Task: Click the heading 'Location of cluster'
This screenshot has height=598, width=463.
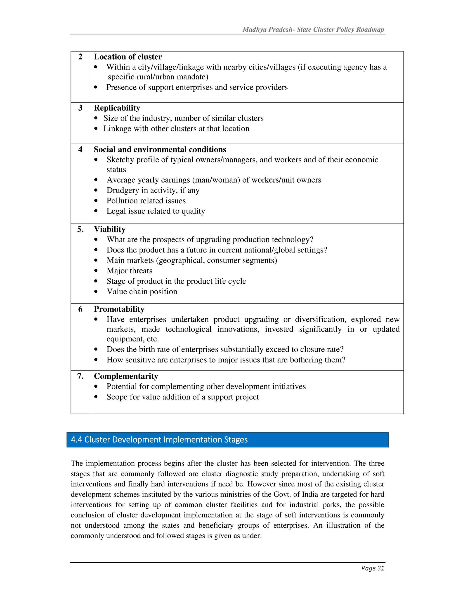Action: [128, 57]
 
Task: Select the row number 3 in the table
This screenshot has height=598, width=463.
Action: [80, 108]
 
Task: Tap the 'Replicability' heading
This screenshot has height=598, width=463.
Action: [117, 108]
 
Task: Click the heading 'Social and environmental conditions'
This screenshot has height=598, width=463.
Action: [160, 149]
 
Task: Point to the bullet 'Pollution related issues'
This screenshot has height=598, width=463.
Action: [146, 201]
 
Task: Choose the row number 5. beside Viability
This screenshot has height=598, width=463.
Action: [80, 229]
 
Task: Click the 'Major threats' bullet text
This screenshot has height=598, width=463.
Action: [129, 271]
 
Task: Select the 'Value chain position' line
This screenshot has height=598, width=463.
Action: [142, 292]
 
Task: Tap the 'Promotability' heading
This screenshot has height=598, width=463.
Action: [119, 309]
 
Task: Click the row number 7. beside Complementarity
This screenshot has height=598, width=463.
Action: [80, 376]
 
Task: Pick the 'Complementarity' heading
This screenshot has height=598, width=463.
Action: [126, 376]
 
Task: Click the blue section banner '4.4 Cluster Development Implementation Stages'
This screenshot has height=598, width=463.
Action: [227, 440]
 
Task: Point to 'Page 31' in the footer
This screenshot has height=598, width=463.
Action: [373, 568]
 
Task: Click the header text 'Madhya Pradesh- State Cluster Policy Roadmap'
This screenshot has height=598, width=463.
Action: [313, 30]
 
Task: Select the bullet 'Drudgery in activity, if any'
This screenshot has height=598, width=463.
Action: [153, 190]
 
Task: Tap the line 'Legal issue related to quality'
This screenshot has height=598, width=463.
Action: [156, 211]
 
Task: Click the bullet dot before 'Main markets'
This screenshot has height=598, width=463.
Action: [96, 260]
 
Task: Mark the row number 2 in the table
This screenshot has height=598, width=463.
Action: [80, 57]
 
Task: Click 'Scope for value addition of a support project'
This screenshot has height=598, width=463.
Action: [183, 397]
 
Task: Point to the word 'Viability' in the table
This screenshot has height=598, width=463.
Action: [109, 229]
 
